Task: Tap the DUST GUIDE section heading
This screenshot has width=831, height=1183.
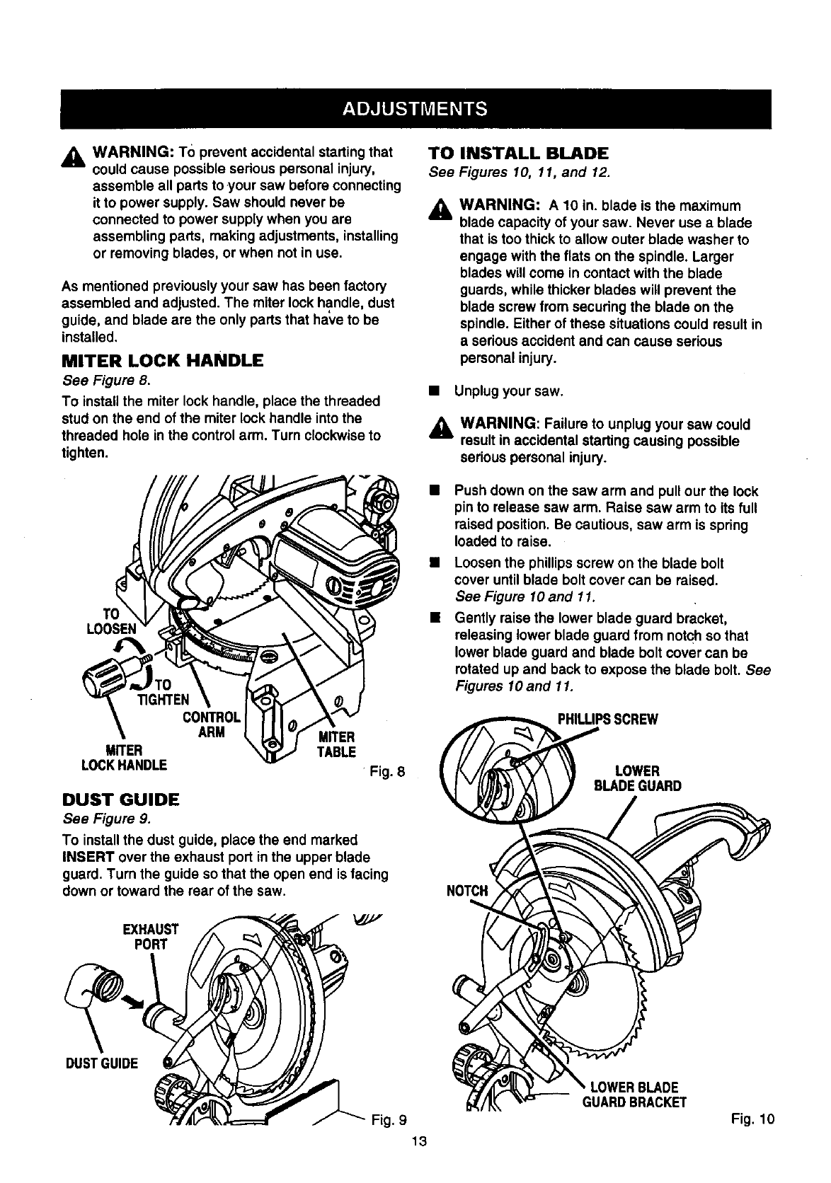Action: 121,800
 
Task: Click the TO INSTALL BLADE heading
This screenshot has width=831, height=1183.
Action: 519,154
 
